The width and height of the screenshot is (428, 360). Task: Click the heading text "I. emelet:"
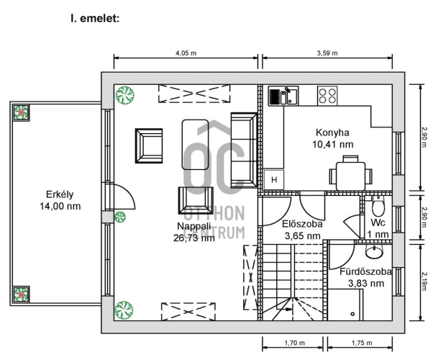coord(95,18)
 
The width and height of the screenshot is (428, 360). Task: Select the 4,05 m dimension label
coord(186,53)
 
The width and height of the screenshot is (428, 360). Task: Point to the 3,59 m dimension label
coord(327,53)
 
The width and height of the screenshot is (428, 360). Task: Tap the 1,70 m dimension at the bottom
coord(294,343)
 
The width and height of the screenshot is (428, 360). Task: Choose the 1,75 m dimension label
coord(362,343)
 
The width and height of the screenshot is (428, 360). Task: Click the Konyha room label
coord(332,138)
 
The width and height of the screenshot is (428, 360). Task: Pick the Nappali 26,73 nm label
coord(193,232)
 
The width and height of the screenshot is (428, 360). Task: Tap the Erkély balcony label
coord(60,200)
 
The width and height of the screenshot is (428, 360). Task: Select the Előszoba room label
coord(302,230)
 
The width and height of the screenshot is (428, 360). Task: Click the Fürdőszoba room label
coord(365,277)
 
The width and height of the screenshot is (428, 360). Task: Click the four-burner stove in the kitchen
coord(327,96)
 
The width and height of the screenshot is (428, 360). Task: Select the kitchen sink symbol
coord(283,96)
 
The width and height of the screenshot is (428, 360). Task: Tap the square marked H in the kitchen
coord(274,180)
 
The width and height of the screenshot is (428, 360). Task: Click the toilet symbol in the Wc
coord(378,207)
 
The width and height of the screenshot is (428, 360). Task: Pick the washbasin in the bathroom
coord(374,251)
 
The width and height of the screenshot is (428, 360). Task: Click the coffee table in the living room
coord(195,145)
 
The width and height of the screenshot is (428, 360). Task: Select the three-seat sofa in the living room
coord(244,150)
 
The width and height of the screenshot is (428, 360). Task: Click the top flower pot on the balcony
coord(21,113)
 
